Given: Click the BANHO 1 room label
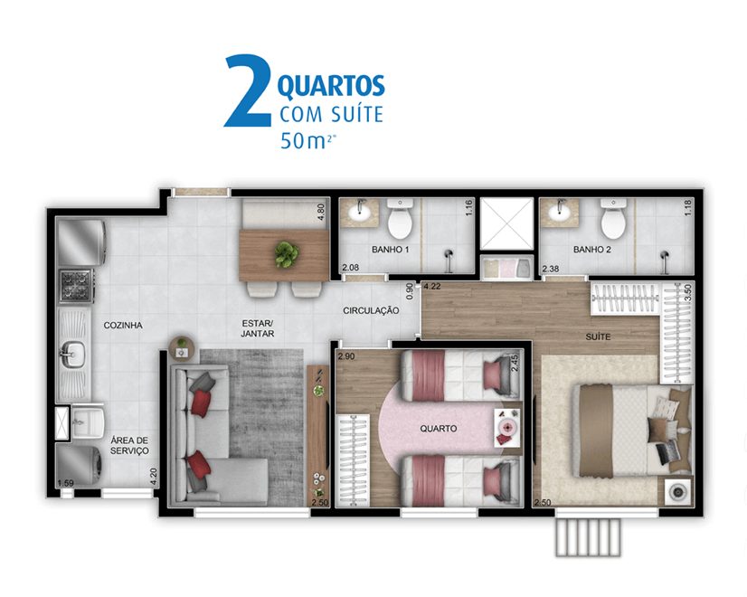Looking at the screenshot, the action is tap(390, 249).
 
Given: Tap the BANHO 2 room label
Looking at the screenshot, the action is tap(591, 249).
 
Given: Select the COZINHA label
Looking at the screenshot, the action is tap(123, 325).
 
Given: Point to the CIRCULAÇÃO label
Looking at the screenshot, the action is tap(371, 310).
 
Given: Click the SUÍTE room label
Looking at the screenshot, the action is tap(598, 336).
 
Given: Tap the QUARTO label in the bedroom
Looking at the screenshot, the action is tap(439, 429).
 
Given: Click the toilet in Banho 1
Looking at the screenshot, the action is tap(400, 219).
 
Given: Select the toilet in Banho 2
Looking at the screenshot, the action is tap(613, 219).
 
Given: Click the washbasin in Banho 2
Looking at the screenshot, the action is tap(561, 212).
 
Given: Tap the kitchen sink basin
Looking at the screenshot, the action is tap(72, 354).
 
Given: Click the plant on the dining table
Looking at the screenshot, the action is tap(287, 254).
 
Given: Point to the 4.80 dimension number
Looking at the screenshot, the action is tap(321, 212).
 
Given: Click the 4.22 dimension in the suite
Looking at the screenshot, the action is tap(432, 287).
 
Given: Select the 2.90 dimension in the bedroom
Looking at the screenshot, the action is tap(346, 355).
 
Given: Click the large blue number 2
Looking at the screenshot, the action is tap(249, 90).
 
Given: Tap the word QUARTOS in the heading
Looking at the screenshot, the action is tap(331, 86).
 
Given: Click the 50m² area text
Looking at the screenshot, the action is tap(308, 140).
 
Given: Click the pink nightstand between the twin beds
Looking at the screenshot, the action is tap(506, 427).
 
